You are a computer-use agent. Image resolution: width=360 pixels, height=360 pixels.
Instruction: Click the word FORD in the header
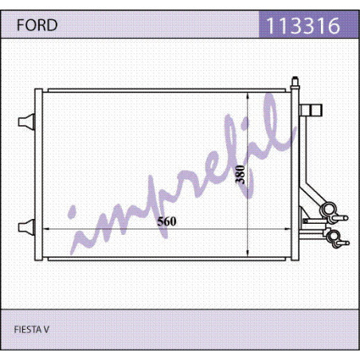pyautogui.click(x=37, y=25)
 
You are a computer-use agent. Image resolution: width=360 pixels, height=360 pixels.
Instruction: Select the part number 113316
pyautogui.click(x=303, y=25)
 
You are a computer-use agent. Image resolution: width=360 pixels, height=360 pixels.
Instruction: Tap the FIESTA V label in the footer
pyautogui.click(x=31, y=330)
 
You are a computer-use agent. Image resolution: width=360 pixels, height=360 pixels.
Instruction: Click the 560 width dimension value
pyautogui.click(x=166, y=221)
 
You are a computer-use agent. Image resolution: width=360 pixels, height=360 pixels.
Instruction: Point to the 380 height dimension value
pyautogui.click(x=240, y=174)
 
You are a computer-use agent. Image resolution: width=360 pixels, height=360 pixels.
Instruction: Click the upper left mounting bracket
pyautogui.click(x=26, y=122)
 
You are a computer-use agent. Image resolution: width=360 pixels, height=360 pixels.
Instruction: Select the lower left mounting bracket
pyautogui.click(x=26, y=227)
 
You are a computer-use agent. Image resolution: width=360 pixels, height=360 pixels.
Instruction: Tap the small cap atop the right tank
pyautogui.click(x=295, y=81)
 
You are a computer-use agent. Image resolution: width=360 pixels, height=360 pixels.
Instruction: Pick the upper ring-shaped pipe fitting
pyautogui.click(x=329, y=209)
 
